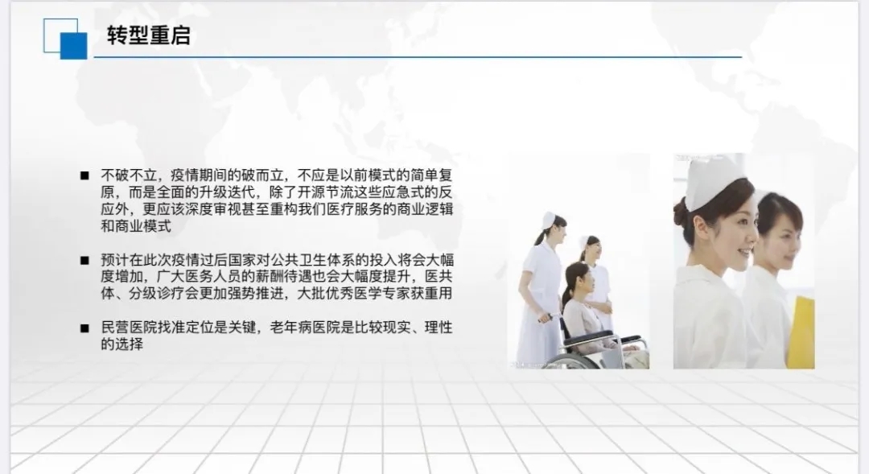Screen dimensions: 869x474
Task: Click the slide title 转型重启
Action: (x=149, y=35)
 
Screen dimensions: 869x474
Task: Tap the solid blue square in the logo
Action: (x=74, y=46)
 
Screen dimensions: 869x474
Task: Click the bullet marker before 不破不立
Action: (x=84, y=175)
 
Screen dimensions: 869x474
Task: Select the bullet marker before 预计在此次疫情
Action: (x=84, y=260)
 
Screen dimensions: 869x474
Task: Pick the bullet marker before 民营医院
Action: (x=84, y=328)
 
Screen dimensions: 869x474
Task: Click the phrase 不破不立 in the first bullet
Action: (x=129, y=175)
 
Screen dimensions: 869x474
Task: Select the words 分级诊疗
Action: (x=157, y=293)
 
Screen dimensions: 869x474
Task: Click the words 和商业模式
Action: (x=136, y=226)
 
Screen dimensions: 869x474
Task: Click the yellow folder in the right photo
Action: (x=801, y=332)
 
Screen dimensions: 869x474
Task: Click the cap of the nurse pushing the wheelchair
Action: (x=549, y=220)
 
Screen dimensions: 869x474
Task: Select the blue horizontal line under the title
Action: (x=418, y=56)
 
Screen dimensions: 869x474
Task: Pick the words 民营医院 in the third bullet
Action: (x=129, y=328)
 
